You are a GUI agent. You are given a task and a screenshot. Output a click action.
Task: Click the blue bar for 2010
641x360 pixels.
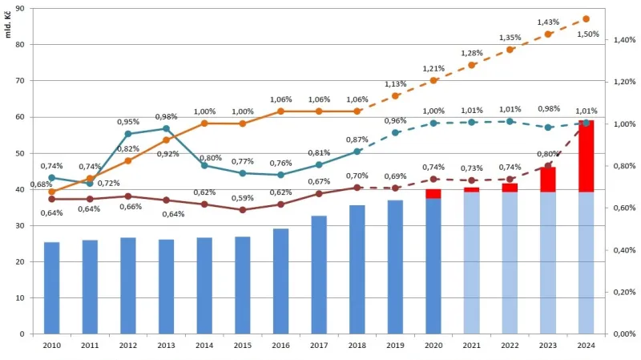pyautogui.click(x=51, y=288)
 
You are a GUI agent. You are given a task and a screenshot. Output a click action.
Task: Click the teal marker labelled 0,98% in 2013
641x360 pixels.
pyautogui.click(x=166, y=128)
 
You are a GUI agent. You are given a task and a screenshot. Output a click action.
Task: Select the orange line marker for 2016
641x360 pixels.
pyautogui.click(x=280, y=111)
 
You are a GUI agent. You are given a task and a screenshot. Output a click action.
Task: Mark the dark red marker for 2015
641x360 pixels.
pyautogui.click(x=242, y=210)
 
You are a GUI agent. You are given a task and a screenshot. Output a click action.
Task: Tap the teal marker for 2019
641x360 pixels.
pyautogui.click(x=395, y=132)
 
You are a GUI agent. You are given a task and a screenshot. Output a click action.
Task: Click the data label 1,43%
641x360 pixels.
pyautogui.click(x=549, y=22)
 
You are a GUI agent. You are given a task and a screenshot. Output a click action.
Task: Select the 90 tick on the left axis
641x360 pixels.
pyautogui.click(x=19, y=8)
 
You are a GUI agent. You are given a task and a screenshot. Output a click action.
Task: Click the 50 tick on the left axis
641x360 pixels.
pyautogui.click(x=19, y=153)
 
